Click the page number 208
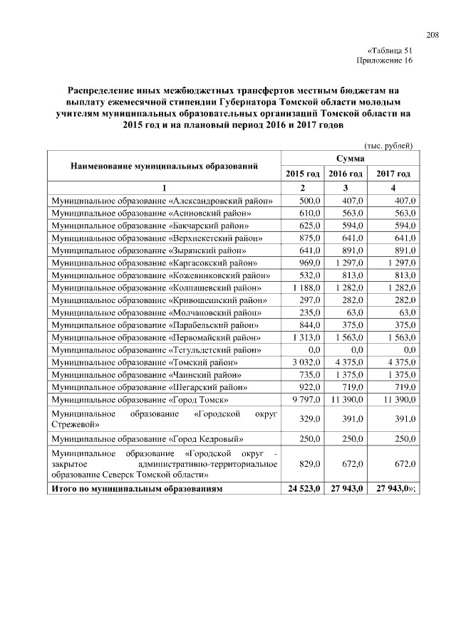click(432, 35)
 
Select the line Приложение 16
click(384, 61)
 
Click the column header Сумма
click(350, 158)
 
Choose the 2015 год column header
click(303, 174)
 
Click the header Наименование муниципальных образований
click(164, 167)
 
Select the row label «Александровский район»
click(162, 201)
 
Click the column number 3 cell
click(345, 188)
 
